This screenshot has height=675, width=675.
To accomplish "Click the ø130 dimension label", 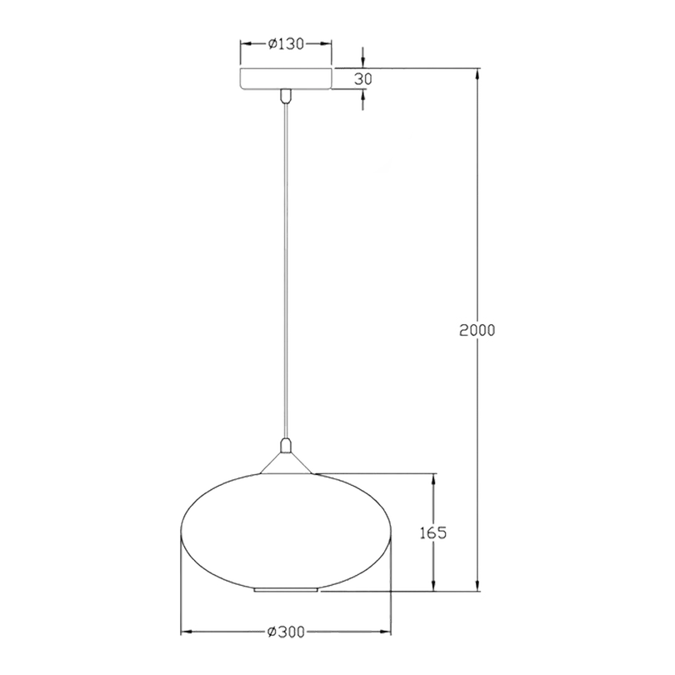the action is click(286, 43).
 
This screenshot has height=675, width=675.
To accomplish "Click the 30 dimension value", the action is click(362, 79).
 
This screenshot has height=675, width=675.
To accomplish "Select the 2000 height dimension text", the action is click(477, 330).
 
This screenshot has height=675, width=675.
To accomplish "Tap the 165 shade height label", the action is click(433, 532).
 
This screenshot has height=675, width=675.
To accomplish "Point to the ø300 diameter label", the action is click(286, 632).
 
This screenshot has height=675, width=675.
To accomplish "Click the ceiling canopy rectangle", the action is click(286, 78).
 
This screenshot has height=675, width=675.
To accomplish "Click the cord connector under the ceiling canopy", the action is click(285, 96).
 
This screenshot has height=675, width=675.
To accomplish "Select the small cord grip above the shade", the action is click(285, 445).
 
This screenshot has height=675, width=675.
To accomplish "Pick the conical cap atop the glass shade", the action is click(286, 463).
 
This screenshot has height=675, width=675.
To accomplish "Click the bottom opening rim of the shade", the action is click(287, 590).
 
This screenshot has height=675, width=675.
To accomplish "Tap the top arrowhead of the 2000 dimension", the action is click(477, 76).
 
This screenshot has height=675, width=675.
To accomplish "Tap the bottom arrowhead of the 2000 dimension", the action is click(477, 582).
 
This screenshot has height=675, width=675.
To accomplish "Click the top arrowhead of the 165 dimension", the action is click(433, 481).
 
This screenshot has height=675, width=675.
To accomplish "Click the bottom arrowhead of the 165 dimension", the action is click(433, 582).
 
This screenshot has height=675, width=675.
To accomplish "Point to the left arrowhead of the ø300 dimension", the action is click(188, 632).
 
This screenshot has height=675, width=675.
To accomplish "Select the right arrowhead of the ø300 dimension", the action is click(382, 632).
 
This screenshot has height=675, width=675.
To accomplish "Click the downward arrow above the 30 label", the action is click(363, 60).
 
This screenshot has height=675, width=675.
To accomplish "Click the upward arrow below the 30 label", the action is click(363, 97).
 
